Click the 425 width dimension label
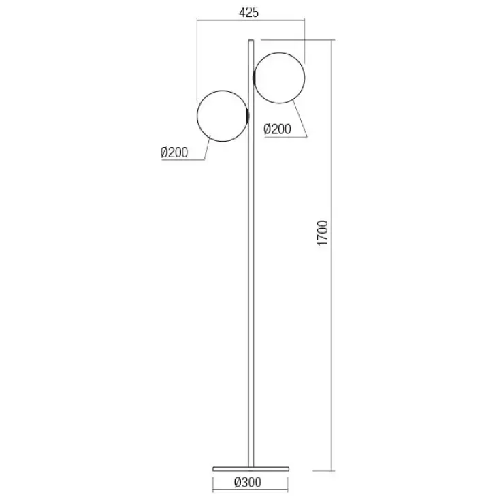coord(249,12)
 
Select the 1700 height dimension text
coord(323,233)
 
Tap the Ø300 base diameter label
coord(248,482)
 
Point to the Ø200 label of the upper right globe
coord(277,129)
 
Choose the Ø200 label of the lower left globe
coord(174,152)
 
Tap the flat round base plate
coord(251,469)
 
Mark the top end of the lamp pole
coord(251,40)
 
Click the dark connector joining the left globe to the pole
coord(248,116)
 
